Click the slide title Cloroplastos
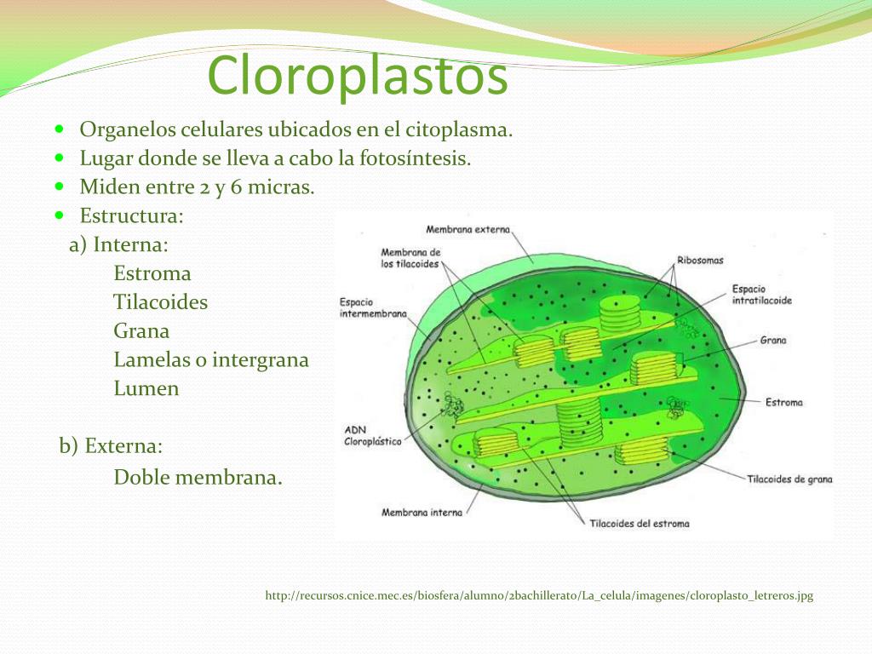coord(358,76)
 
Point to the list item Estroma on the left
coord(152,273)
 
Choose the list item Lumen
coord(146,388)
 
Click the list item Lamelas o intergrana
coord(211,360)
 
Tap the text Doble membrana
coord(198,477)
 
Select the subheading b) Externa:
coord(111,446)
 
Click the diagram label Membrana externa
coord(468,229)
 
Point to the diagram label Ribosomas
coord(700,260)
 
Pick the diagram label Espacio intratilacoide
coord(761,295)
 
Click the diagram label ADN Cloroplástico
coord(373,435)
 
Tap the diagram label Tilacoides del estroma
coord(640,524)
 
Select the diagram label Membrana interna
coord(422,512)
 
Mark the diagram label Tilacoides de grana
coord(789,479)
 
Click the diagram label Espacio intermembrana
coord(373,308)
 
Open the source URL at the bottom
coord(539,595)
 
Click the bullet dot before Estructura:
coord(60,215)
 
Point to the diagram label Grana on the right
coord(773,340)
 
